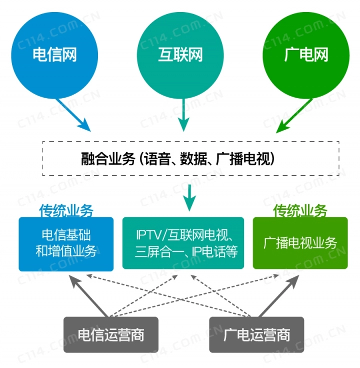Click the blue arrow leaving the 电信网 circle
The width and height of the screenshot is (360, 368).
point(74,114)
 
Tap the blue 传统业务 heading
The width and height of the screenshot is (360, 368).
point(66,211)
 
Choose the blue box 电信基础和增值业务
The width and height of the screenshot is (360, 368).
point(66,244)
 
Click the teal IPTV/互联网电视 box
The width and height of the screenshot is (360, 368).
point(183,244)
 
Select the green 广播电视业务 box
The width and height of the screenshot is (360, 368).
point(300,244)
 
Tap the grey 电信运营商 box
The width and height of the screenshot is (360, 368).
point(111,334)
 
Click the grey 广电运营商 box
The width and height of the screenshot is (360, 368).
point(256,334)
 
